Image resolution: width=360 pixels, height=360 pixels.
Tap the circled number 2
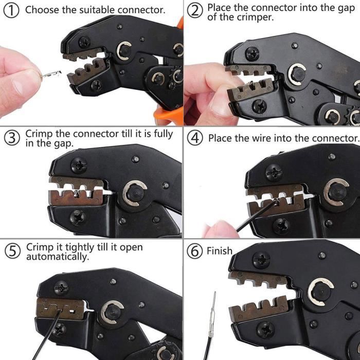click(x=195, y=11)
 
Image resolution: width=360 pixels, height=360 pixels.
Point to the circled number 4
click(x=195, y=138)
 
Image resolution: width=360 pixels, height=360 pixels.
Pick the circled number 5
click(x=12, y=251)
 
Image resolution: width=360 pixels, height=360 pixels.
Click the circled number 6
click(x=195, y=251)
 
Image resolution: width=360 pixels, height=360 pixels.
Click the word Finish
click(x=220, y=251)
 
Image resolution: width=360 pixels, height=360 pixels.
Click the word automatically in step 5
click(x=58, y=257)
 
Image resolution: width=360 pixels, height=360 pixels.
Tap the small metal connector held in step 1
click(x=51, y=74)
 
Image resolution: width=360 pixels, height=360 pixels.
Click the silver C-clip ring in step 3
click(x=134, y=193)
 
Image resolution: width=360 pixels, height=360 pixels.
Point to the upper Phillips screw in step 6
click(x=261, y=260)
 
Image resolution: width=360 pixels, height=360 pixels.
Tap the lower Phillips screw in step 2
click(x=259, y=106)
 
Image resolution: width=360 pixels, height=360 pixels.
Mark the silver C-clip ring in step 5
click(x=111, y=312)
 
